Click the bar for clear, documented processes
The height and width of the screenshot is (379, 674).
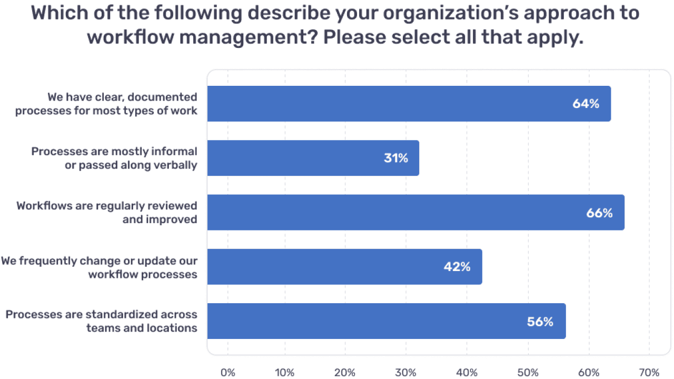tap(409, 104)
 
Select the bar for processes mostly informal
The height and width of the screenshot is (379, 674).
tap(313, 158)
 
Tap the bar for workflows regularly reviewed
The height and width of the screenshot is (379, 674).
tap(415, 212)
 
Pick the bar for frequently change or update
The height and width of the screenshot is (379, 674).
tap(344, 267)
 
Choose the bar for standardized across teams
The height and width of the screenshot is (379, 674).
tap(386, 321)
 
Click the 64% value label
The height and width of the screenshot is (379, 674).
tap(586, 104)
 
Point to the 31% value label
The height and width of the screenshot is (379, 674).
tap(395, 158)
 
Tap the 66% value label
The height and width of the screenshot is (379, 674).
tap(599, 213)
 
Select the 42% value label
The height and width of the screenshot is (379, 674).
tap(457, 267)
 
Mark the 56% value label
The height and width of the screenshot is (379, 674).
tap(540, 322)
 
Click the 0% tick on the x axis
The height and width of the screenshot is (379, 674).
tap(227, 373)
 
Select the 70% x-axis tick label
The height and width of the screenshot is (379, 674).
tap(649, 373)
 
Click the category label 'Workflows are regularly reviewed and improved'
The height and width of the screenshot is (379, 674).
tap(107, 212)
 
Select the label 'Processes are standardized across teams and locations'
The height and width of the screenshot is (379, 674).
tap(102, 321)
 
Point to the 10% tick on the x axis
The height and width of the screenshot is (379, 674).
tap(285, 373)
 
